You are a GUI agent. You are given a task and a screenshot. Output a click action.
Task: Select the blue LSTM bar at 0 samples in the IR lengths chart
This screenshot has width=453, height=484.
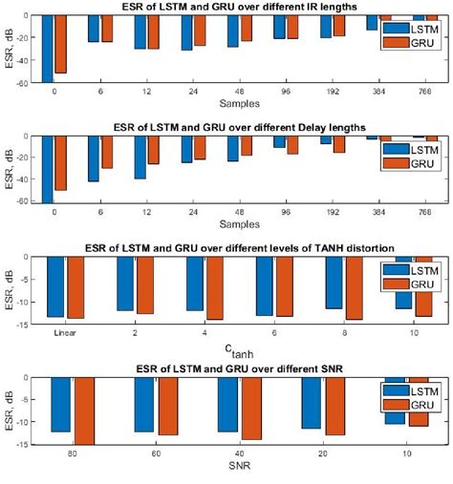[48, 48]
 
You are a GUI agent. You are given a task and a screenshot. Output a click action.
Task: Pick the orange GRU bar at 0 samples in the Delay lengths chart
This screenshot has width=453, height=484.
[61, 164]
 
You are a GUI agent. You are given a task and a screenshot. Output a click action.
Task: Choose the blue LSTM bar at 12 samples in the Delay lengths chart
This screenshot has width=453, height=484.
[140, 158]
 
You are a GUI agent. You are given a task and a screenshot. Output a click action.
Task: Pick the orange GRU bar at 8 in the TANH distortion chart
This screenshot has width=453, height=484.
[355, 287]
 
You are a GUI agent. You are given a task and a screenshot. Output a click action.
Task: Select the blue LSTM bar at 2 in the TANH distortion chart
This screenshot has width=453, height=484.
[125, 283]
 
